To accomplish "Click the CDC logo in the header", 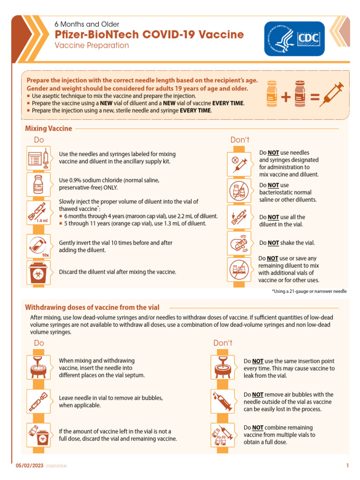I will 294,39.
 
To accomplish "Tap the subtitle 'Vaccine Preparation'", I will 92,46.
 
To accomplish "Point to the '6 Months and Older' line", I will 87,24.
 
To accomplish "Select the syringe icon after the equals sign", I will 335,93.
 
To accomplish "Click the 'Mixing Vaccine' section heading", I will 49,128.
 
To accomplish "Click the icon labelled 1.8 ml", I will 37,212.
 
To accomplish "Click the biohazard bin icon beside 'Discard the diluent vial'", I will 38,272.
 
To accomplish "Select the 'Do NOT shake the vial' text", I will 287,243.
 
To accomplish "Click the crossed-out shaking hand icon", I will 240,242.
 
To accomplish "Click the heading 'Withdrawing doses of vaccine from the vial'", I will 92,307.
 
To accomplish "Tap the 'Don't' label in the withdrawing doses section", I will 223,343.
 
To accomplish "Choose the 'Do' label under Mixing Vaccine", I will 39,140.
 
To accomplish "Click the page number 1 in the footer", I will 347,465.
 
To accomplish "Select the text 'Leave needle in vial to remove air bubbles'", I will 111,398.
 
